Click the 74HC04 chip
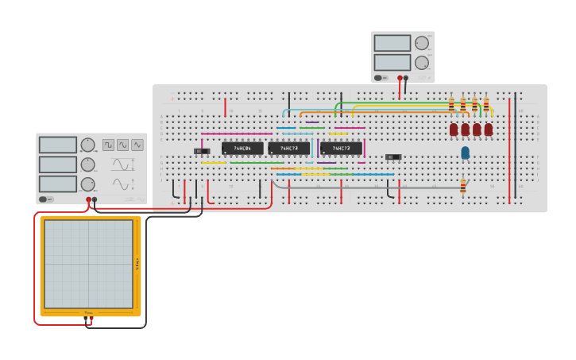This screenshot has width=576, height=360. click(242, 148)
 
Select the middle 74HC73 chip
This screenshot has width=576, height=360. click(288, 148)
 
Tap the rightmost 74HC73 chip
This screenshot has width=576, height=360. click(341, 148)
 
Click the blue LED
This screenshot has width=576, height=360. click(465, 152)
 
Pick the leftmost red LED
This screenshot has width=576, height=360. click(454, 129)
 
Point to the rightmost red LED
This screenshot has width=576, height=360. click(488, 129)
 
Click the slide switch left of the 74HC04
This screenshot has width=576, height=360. click(202, 151)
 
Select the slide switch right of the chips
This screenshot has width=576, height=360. click(392, 157)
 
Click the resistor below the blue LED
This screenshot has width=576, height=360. click(463, 187)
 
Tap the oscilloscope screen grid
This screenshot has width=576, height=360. click(88, 264)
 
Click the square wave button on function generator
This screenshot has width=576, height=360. click(108, 145)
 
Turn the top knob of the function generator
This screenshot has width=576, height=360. click(87, 145)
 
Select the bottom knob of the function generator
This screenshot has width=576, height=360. click(87, 184)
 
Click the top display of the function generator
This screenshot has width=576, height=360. click(57, 145)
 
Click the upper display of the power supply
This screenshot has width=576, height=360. click(392, 43)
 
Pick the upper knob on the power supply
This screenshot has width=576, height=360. click(421, 43)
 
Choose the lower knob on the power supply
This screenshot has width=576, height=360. click(421, 62)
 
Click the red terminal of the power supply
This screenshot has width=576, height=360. click(400, 78)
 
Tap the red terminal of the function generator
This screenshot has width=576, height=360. click(88, 199)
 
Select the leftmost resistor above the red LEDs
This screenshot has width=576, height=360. click(451, 105)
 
